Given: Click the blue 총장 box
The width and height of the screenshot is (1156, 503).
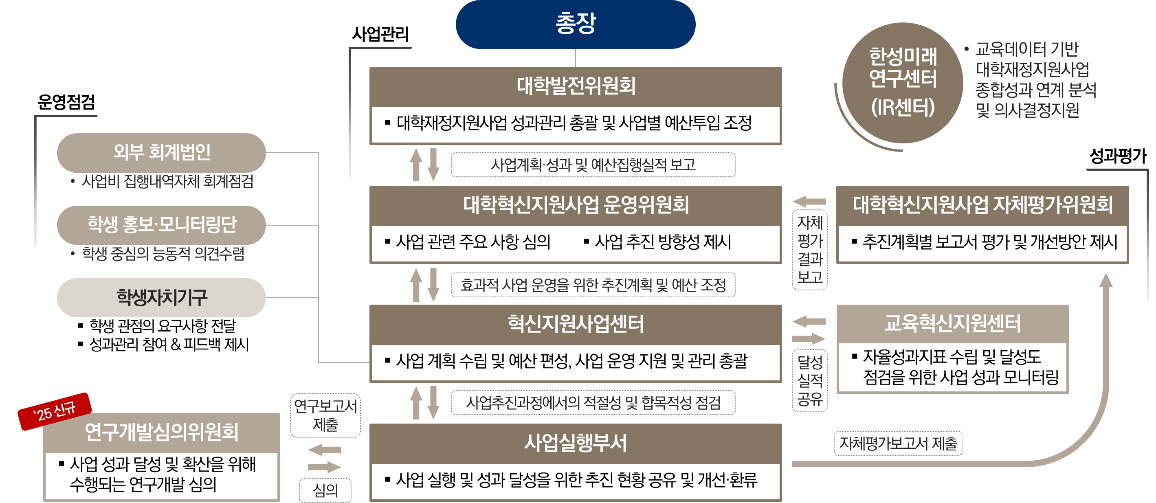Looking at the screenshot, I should [x=575, y=24].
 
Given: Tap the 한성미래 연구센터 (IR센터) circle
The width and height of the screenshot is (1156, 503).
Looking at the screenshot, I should [x=903, y=83].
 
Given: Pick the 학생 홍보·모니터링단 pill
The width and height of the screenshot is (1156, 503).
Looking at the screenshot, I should [x=162, y=225].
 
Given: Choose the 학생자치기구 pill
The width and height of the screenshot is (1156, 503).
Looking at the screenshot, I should [x=162, y=297].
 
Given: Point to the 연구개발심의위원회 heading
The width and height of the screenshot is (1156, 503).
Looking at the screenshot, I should [x=162, y=432].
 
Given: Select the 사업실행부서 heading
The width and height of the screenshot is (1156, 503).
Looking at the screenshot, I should [x=575, y=443].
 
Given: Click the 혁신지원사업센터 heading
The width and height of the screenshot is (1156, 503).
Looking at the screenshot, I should [x=575, y=324].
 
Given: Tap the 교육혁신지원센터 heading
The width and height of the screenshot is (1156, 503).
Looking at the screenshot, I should [x=952, y=323].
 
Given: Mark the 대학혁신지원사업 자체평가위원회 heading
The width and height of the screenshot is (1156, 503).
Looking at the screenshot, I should [x=982, y=205].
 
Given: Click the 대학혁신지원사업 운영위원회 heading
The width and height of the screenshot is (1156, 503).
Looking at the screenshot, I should [x=575, y=205].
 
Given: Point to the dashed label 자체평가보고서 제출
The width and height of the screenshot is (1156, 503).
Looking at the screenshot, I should [x=898, y=443].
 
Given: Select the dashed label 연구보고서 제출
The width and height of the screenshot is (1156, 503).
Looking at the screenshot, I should [x=325, y=415].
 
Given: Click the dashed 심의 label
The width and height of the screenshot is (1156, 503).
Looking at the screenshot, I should [x=325, y=490].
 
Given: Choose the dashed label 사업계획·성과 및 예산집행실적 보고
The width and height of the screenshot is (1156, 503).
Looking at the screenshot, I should [x=593, y=165].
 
